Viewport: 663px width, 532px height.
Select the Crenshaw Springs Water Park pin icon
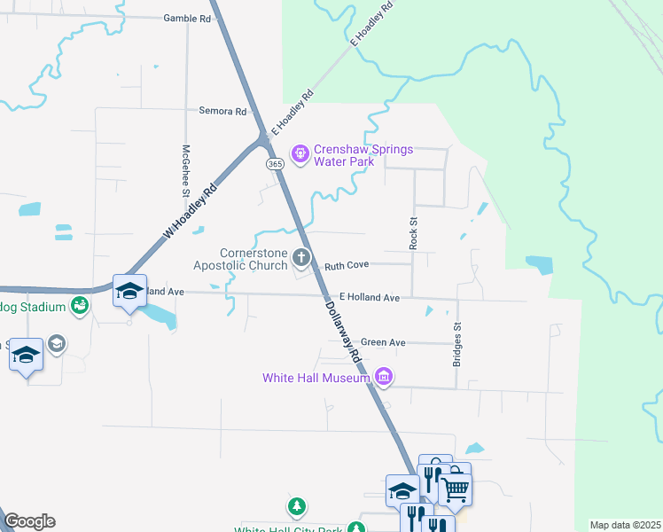click(300, 154)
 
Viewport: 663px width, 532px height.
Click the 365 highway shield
click(274, 164)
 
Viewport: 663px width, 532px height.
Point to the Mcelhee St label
click(187, 170)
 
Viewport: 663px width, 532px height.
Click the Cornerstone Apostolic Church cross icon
click(301, 258)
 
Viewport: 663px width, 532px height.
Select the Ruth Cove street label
click(346, 265)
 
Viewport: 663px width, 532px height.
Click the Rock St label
click(413, 231)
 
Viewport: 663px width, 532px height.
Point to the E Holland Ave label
click(370, 298)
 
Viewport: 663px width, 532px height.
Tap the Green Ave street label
click(383, 342)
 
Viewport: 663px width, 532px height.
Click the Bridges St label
click(458, 344)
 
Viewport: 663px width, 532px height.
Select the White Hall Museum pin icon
click(384, 378)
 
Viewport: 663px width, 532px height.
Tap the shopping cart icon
click(455, 487)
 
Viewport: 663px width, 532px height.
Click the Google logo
click(29, 521)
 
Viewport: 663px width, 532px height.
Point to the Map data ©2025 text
click(625, 525)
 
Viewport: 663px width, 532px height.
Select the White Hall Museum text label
click(316, 379)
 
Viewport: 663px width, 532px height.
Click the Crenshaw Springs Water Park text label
click(363, 155)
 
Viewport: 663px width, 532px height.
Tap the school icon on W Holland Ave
click(129, 291)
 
